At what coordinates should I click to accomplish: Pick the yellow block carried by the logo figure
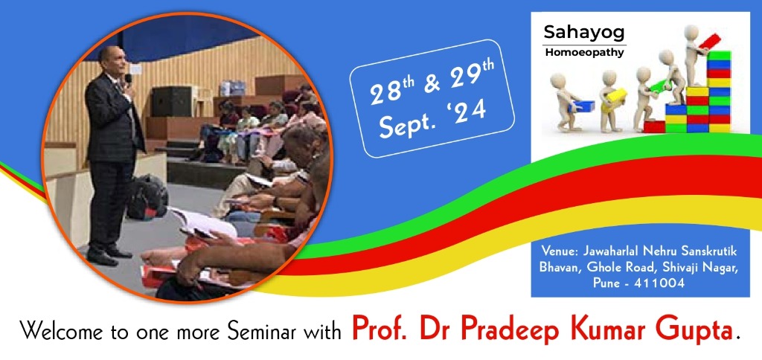pos(616,94)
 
